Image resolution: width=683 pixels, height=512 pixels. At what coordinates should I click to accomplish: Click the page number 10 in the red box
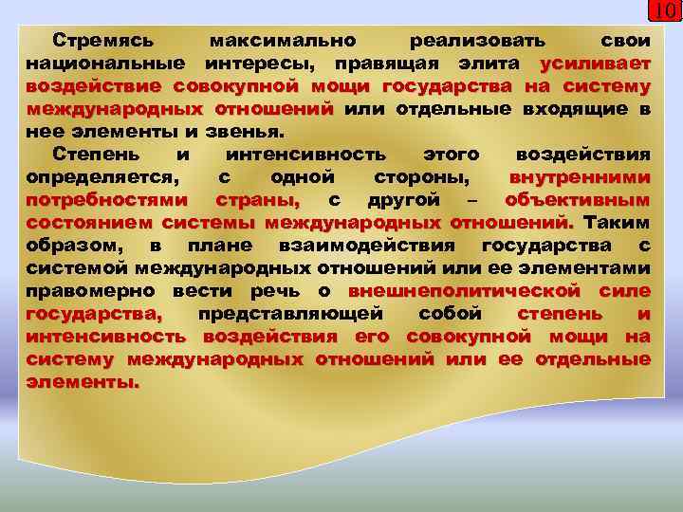665,11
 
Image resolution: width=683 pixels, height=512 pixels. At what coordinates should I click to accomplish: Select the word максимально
283,42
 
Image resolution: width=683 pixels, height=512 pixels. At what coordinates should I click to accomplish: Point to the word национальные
106,64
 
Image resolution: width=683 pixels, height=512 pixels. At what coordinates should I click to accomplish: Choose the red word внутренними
580,177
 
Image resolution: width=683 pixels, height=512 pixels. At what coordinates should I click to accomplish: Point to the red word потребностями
108,200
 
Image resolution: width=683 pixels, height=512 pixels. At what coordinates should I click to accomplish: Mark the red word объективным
578,200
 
